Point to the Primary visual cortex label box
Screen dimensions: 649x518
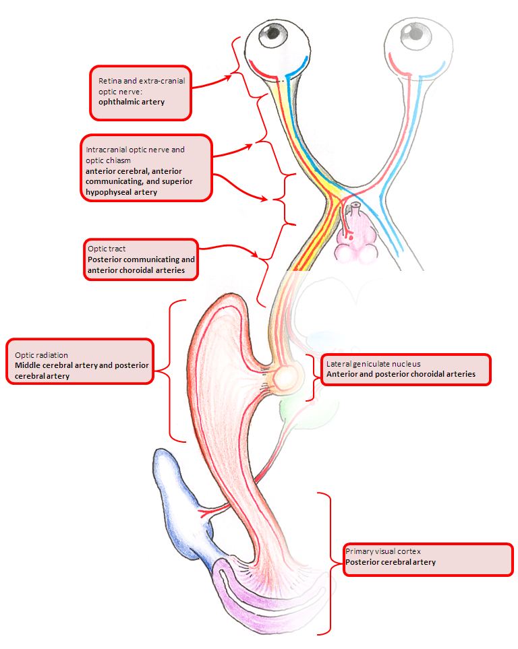tap(428, 559)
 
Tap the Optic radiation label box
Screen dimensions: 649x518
tap(80, 361)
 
